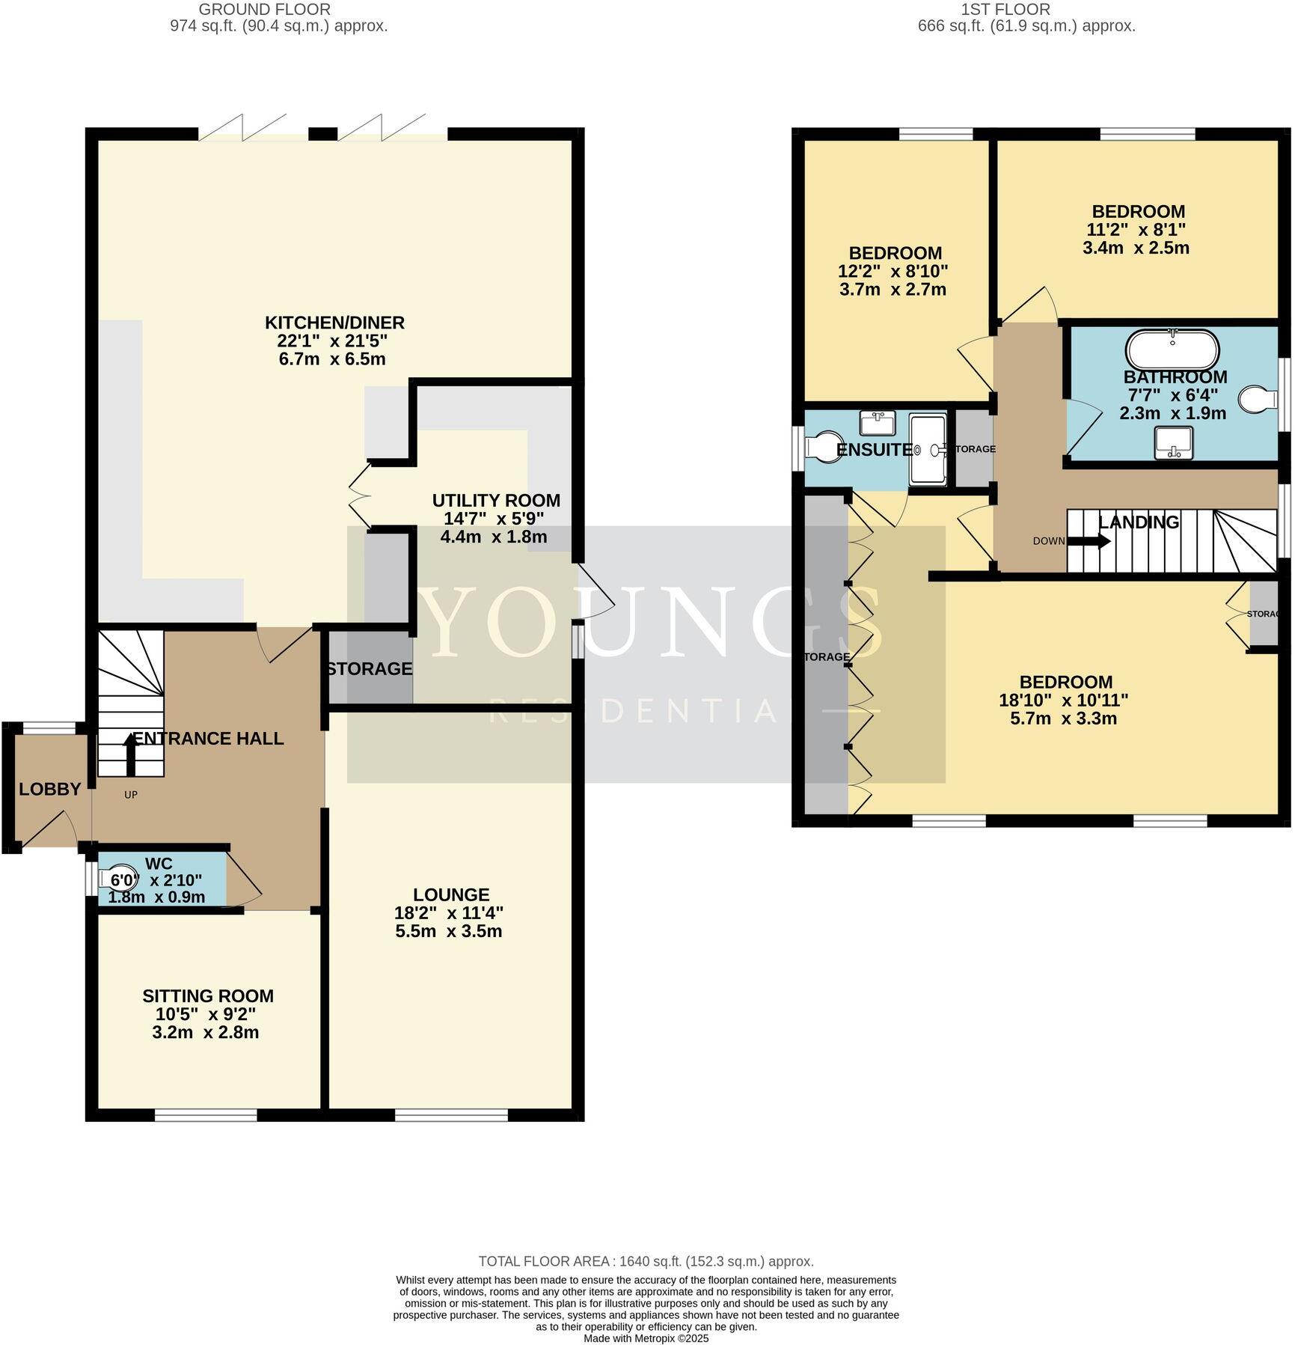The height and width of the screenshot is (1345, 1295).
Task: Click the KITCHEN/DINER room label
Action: coord(334,323)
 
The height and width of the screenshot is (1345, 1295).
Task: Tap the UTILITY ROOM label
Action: coord(496,500)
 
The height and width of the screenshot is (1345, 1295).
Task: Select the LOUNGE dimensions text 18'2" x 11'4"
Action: coord(448,913)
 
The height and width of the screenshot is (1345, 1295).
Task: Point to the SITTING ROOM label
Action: coord(208,996)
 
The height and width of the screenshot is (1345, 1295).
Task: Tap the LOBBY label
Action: coord(49,789)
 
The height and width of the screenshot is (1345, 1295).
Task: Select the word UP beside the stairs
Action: coord(131,795)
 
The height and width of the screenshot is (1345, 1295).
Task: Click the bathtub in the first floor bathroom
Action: coord(1172,349)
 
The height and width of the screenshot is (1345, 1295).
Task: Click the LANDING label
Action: coord(1138,522)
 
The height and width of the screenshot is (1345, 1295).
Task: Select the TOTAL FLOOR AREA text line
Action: coord(646,1261)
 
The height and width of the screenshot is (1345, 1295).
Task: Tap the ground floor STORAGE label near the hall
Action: coord(370,668)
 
